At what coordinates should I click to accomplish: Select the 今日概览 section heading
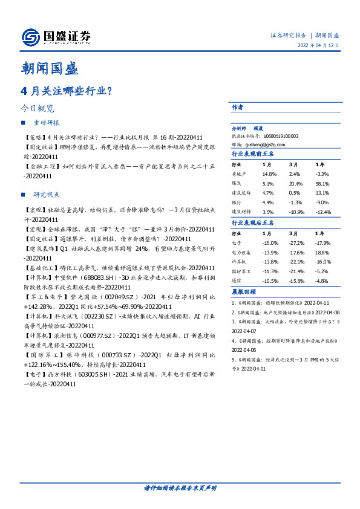(37, 109)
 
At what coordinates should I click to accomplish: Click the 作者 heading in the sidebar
(238, 107)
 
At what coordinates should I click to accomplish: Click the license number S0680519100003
(278, 137)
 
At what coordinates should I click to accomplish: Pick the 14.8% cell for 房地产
(269, 173)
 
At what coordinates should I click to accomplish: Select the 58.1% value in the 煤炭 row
(322, 183)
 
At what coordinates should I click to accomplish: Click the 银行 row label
(238, 203)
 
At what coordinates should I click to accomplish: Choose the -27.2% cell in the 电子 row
(296, 242)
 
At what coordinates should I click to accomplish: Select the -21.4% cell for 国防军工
(296, 271)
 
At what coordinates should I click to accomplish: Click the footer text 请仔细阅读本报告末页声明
(180, 487)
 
